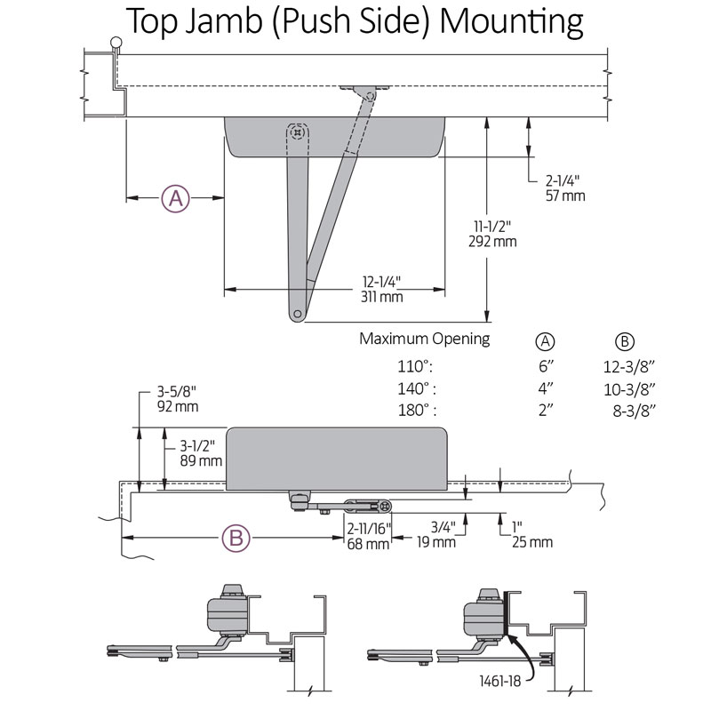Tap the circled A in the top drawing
point(175,198)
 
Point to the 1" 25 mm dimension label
point(532,534)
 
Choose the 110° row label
point(416,365)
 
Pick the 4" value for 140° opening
point(545,388)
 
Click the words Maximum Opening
point(424,339)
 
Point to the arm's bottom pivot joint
point(296,311)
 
